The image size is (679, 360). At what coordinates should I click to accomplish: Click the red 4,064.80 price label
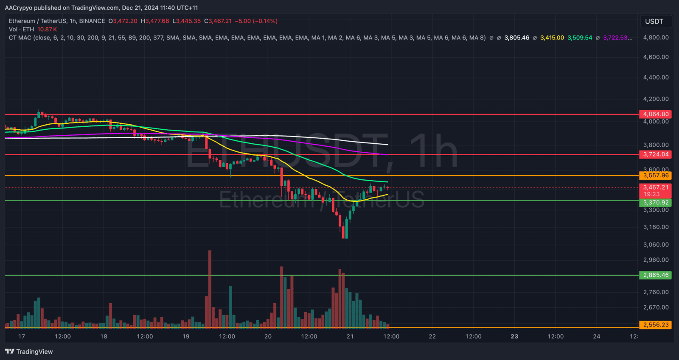pos(656,114)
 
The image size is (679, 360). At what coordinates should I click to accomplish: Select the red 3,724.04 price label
pos(656,154)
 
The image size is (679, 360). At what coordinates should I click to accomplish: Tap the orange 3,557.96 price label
pos(656,175)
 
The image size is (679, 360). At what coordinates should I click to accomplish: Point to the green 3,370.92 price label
pos(656,203)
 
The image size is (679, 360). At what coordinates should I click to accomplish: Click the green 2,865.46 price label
pos(656,275)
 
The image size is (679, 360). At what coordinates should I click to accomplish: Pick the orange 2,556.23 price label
pos(656,325)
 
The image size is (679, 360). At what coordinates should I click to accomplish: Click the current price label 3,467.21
pos(656,187)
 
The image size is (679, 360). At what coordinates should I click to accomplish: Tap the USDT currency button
pos(654,22)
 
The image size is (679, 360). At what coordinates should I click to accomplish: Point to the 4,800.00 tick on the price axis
pos(656,37)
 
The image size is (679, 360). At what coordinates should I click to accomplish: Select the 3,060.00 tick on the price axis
pos(656,245)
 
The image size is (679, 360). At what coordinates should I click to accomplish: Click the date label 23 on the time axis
pos(514,337)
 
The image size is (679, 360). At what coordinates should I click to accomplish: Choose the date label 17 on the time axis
pos(22,337)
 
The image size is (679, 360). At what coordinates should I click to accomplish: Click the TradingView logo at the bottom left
pos(29,352)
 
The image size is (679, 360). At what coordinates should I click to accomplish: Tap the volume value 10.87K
pos(47,29)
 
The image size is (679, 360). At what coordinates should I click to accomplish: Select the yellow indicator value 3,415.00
pos(552,38)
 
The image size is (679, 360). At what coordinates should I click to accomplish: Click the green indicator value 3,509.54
pos(580,38)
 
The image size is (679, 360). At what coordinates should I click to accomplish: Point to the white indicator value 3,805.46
pos(516,38)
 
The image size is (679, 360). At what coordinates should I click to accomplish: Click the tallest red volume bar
pos(210,288)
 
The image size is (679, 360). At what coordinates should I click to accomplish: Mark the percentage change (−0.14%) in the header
pos(265,21)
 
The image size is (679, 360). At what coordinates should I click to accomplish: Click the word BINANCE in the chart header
pos(92,21)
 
